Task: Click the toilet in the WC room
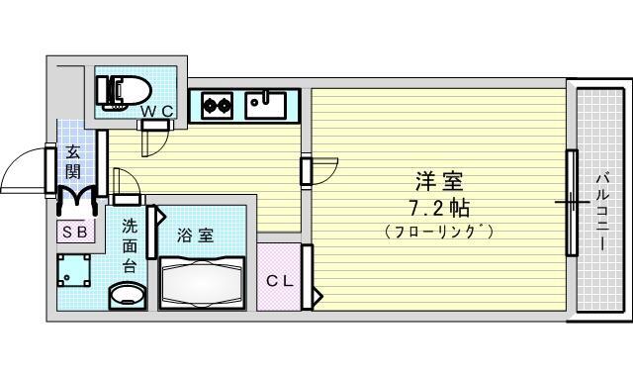click(x=123, y=93)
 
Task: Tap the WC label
click(x=157, y=112)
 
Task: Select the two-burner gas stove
click(x=218, y=106)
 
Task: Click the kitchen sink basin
click(x=266, y=105)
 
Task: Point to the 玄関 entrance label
click(x=72, y=161)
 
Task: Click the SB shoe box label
click(x=75, y=232)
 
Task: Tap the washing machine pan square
click(x=73, y=270)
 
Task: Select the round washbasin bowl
click(x=128, y=297)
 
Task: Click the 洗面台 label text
click(x=129, y=246)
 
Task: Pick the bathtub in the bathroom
click(x=202, y=283)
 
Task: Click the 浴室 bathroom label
click(x=196, y=235)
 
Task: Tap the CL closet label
click(x=280, y=281)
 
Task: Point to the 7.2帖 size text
click(x=439, y=209)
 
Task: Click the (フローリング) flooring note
click(x=439, y=232)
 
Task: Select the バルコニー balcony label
click(x=603, y=211)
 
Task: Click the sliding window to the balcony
click(x=572, y=202)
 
